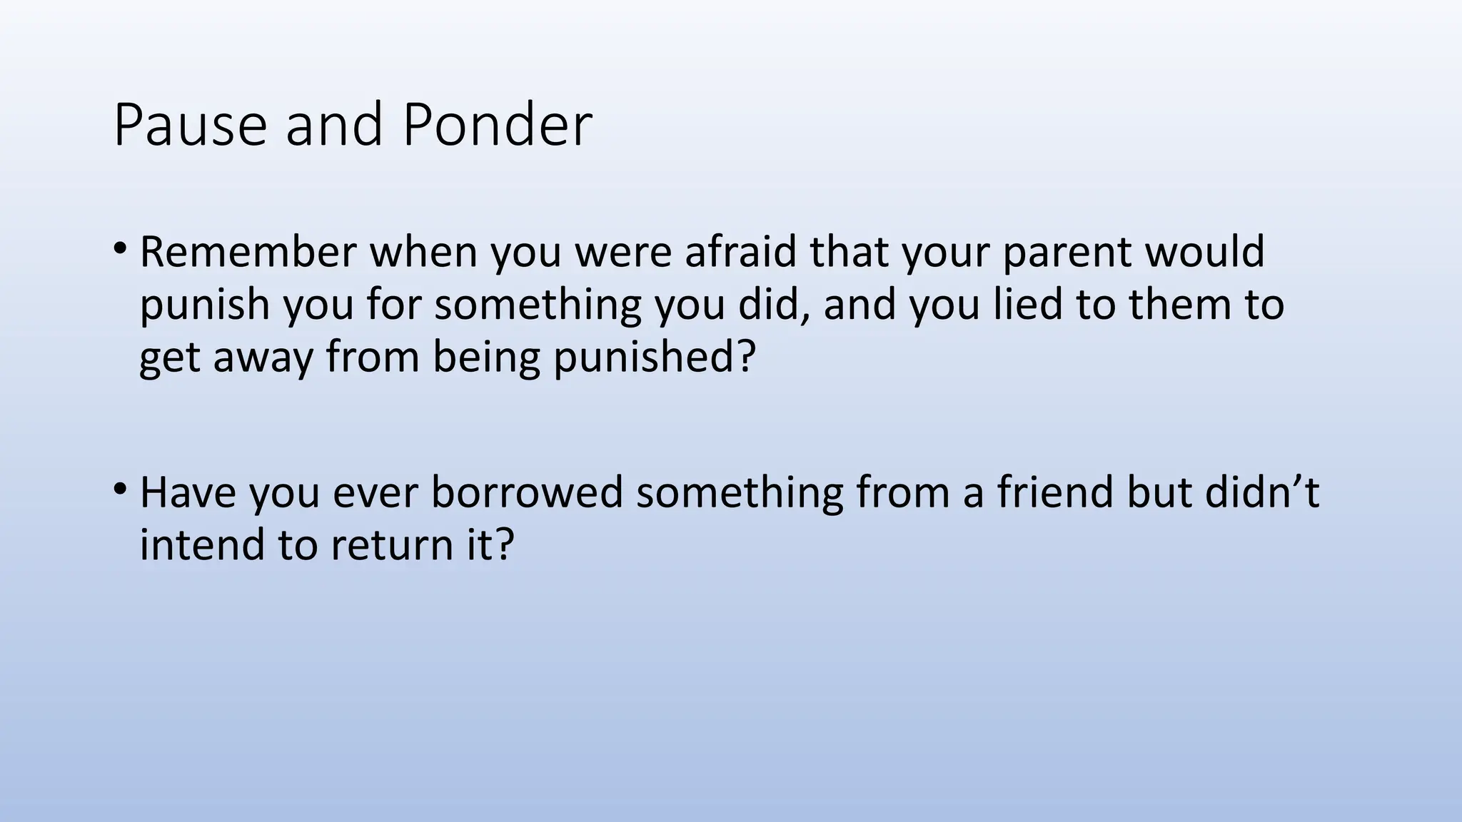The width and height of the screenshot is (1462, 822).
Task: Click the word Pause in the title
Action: click(x=190, y=126)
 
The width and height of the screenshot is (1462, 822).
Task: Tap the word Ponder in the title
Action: click(x=497, y=126)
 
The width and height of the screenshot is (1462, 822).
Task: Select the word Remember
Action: click(x=248, y=252)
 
